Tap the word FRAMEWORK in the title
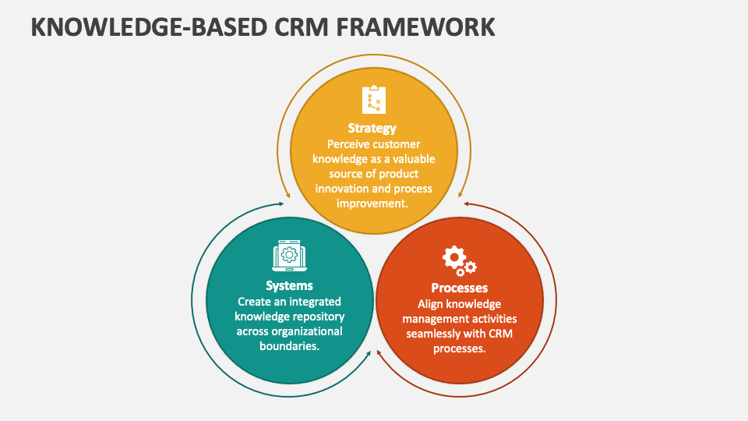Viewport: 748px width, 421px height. tap(415, 27)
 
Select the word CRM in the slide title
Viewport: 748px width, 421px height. tap(302, 27)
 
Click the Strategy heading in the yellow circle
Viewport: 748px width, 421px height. tap(372, 129)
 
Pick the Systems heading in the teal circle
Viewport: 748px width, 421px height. tap(289, 285)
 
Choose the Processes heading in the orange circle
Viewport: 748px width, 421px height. tap(460, 288)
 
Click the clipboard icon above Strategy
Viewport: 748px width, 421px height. tap(374, 100)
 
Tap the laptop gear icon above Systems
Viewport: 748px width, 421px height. tap(290, 256)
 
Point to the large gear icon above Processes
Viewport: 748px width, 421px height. tap(454, 258)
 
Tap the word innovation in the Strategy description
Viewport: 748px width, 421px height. tap(342, 189)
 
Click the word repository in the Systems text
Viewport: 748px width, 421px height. tap(319, 317)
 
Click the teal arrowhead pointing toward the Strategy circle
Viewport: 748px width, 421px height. tap(280, 203)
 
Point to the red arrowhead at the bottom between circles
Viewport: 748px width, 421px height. tap(379, 353)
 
